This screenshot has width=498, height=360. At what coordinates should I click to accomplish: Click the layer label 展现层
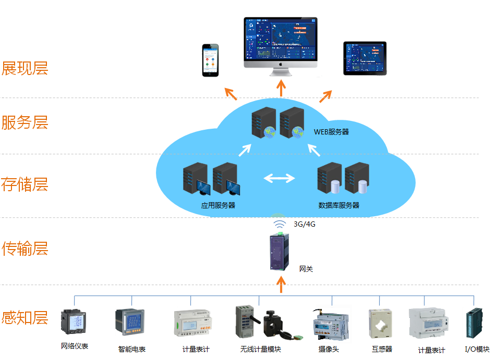point(25,68)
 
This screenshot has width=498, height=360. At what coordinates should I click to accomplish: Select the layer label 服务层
point(25,123)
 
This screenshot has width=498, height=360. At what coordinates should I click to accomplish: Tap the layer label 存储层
point(25,184)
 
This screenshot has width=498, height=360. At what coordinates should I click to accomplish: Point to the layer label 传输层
point(25,249)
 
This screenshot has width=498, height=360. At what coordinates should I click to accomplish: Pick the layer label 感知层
point(25,317)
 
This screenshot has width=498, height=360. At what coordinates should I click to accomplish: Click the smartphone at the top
point(211,60)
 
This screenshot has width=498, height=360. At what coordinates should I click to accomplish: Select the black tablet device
point(365,58)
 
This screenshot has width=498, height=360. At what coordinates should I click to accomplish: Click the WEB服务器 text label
point(331,132)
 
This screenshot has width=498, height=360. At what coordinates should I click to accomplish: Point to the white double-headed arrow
point(279,179)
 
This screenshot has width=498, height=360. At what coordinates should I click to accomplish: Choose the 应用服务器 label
point(218,206)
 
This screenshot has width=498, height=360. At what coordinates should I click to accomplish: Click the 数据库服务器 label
point(339,206)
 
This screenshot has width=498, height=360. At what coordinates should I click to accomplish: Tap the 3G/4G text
point(305,225)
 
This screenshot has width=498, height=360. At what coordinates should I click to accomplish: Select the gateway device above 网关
point(279,252)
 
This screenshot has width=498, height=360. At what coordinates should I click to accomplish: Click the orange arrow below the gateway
point(281,284)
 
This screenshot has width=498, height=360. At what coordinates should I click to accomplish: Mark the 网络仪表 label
point(75,346)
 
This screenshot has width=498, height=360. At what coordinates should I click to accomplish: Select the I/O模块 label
point(477,350)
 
